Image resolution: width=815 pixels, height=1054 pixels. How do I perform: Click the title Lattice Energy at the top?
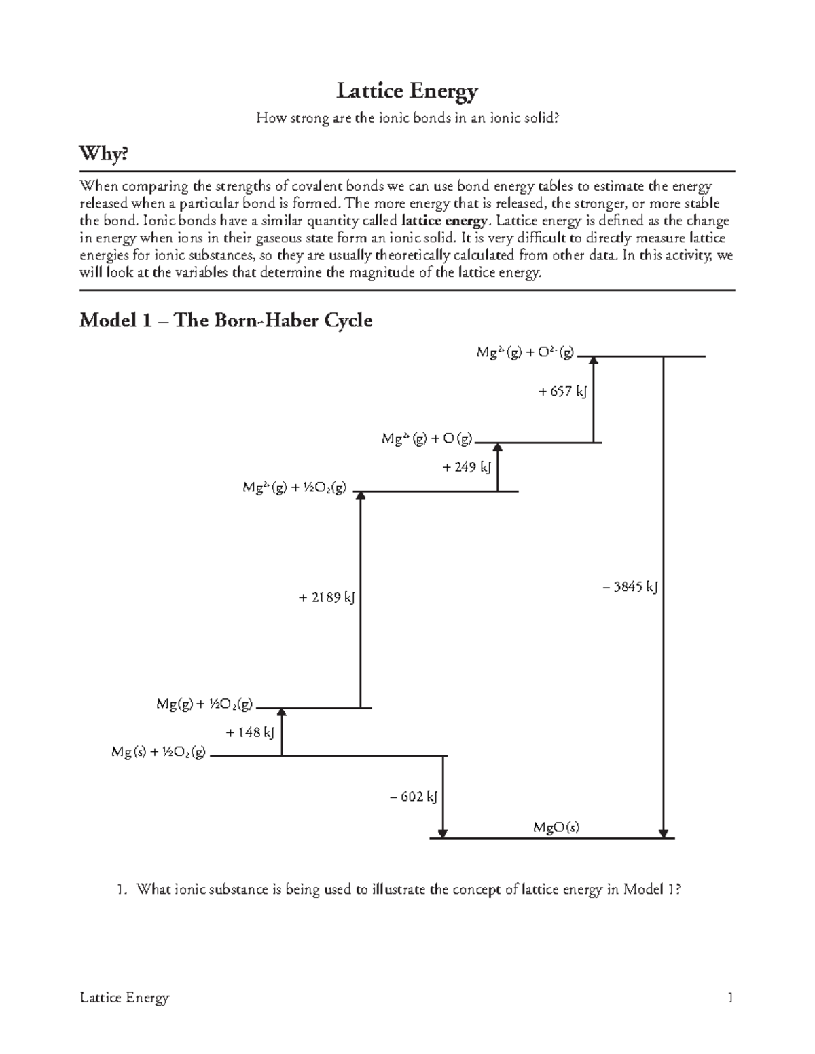(407, 91)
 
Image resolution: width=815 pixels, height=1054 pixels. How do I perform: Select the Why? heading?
(103, 155)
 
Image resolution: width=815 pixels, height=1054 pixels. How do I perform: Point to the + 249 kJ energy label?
(466, 467)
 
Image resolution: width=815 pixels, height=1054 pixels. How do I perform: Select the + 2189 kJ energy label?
(327, 598)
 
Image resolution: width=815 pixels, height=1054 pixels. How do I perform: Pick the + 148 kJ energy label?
(250, 732)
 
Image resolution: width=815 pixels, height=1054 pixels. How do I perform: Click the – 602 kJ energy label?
(413, 796)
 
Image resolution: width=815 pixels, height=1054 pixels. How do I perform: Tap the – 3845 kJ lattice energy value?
(630, 588)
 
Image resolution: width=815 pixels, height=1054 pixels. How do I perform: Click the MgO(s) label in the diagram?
(556, 827)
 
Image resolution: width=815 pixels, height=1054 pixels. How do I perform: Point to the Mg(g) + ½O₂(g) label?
(204, 704)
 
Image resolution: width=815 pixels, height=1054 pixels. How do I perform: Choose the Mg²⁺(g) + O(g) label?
(427, 439)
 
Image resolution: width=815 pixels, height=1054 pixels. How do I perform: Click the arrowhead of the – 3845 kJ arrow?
(664, 833)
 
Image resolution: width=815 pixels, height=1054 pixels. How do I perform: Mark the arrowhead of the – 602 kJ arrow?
(443, 833)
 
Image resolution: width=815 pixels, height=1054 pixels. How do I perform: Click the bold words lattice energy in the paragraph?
(445, 221)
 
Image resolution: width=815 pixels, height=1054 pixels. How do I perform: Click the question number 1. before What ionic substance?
(121, 889)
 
